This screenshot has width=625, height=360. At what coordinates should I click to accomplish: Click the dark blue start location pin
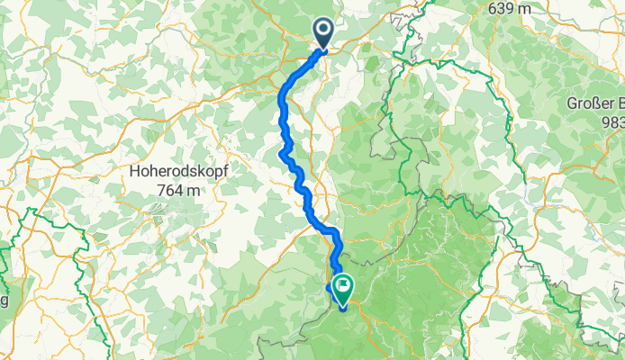tap(324, 32)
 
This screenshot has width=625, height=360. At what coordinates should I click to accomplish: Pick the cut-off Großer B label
tap(595, 102)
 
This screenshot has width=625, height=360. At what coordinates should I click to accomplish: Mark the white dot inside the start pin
tap(324, 30)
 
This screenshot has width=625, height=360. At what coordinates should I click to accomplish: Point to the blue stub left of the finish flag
tap(329, 288)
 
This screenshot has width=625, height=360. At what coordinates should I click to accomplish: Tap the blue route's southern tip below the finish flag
tap(343, 309)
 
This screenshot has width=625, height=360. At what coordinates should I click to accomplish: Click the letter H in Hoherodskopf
tap(135, 148)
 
